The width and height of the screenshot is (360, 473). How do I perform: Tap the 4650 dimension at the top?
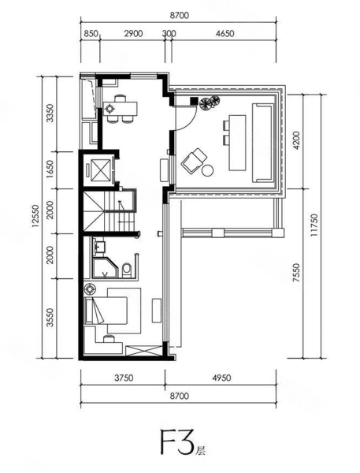pos(225,33)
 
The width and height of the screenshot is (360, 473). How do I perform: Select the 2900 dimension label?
pos(133,33)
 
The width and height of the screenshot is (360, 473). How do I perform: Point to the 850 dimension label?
pos(91,33)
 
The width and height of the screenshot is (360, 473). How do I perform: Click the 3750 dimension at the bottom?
pos(124,378)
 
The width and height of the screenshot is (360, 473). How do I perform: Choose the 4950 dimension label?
pos(221,378)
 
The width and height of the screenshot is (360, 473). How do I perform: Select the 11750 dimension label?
pos(314,225)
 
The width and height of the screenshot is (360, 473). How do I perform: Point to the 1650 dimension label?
pos(50,169)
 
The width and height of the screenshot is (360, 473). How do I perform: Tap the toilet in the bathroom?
pos(127,270)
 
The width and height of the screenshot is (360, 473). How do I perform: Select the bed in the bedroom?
pos(106,311)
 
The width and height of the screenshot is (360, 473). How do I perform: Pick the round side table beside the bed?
pos(90,289)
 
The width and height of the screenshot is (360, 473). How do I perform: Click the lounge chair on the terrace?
pos(194,161)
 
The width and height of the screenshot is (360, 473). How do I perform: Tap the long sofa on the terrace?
pos(263,143)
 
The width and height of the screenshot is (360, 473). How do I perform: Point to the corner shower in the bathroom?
pos(105,268)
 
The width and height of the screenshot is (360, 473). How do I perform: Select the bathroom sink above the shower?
pos(98,247)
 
